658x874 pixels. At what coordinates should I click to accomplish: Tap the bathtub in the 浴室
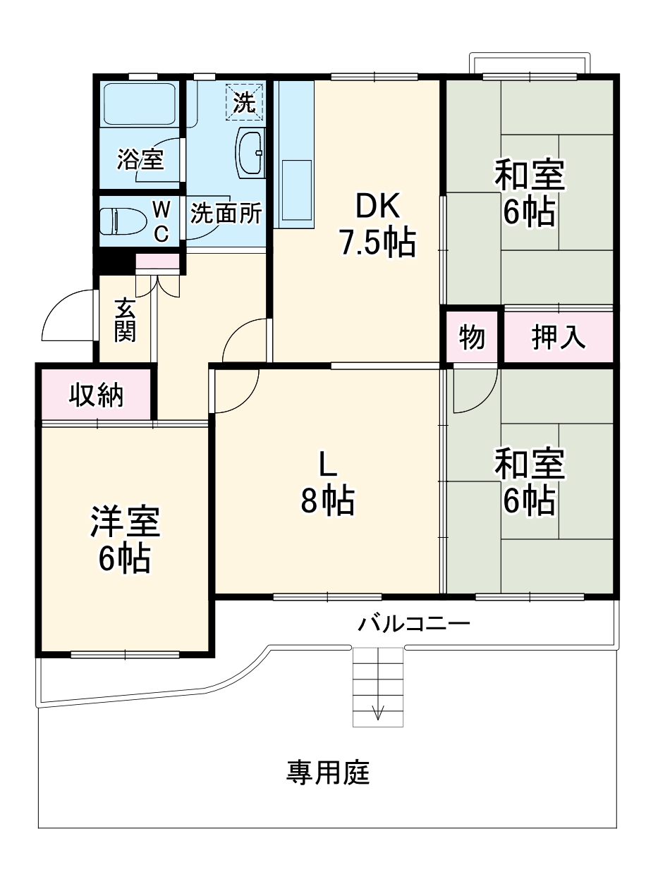140,104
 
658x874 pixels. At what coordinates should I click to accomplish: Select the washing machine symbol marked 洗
244,102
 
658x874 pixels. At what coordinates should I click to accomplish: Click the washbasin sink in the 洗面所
250,152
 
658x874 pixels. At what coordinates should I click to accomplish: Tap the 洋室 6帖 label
125,539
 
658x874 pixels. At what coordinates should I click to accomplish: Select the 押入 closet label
558,338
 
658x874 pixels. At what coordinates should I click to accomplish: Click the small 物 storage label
472,338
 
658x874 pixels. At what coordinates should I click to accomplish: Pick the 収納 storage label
96,395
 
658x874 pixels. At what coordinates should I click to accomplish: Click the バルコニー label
413,624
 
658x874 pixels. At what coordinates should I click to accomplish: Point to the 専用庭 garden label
327,773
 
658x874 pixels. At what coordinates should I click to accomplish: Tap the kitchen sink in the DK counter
296,188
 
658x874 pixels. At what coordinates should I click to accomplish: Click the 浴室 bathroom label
140,159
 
